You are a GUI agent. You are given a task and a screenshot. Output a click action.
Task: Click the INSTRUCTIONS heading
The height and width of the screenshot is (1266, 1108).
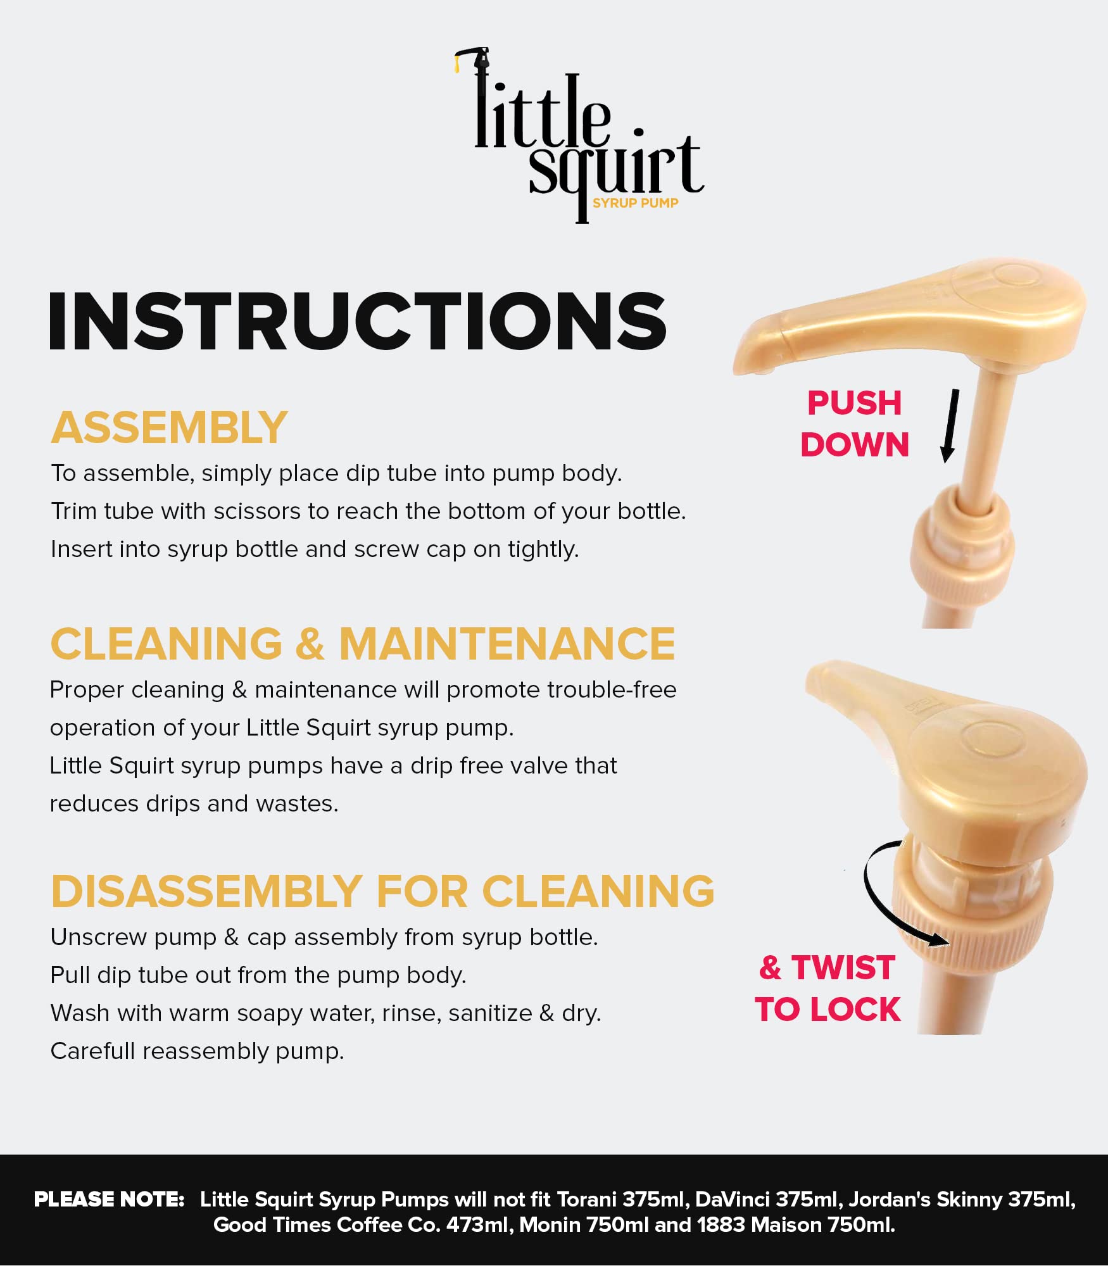pos(358,321)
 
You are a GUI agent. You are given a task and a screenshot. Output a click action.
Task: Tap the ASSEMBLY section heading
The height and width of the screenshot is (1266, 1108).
pos(169,428)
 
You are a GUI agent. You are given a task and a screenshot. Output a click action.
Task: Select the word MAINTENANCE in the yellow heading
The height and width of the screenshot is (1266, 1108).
pos(507,644)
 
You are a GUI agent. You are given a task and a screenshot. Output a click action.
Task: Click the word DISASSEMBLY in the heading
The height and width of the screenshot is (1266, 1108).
pos(207,891)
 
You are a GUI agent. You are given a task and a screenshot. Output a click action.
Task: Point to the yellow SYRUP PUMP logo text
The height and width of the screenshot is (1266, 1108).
pos(635,203)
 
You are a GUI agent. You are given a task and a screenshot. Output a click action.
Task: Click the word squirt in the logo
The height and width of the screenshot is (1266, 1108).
pos(616,171)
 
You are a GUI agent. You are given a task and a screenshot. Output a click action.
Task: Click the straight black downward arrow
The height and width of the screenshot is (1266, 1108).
pos(950,425)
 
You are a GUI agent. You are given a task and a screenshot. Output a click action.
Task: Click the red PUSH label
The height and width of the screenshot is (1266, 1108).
pos(854,403)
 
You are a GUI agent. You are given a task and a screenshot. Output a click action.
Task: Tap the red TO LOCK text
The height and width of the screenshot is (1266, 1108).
pos(827,1009)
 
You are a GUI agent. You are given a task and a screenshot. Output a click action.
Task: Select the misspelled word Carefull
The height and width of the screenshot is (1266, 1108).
pos(92,1051)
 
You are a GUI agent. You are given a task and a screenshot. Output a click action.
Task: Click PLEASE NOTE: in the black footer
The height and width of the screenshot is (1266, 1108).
pos(109,1200)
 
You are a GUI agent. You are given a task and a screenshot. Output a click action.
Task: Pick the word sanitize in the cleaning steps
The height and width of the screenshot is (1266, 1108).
pos(490,1013)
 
